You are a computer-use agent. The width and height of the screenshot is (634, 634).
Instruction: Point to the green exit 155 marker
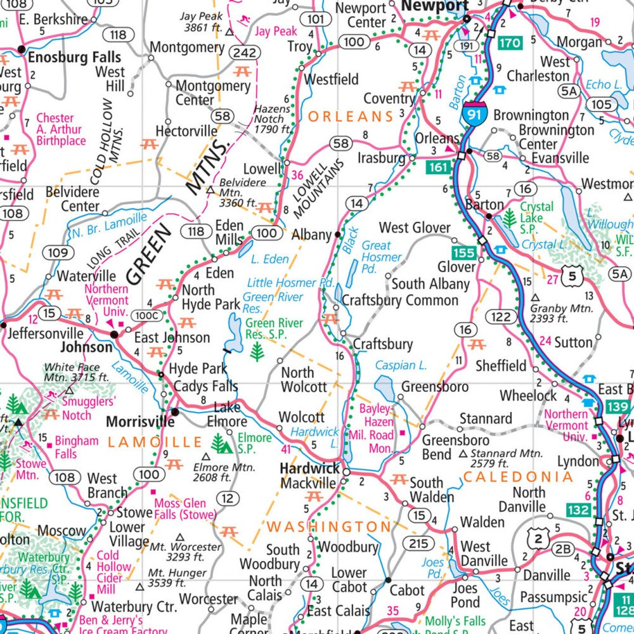(465, 253)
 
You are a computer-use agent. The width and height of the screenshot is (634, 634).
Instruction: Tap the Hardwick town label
(310, 469)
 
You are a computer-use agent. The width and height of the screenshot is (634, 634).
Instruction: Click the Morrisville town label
(139, 422)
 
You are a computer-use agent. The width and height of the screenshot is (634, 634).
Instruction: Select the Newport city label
(434, 6)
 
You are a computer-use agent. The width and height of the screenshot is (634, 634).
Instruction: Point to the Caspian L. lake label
(401, 365)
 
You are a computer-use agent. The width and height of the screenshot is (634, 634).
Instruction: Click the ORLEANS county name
(351, 117)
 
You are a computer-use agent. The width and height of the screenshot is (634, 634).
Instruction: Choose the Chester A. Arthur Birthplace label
(60, 129)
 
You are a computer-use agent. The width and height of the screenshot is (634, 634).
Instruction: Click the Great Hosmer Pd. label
(382, 251)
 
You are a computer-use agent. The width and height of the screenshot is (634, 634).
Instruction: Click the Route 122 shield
(500, 317)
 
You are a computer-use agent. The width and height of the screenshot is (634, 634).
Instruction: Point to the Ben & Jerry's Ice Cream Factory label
(111, 625)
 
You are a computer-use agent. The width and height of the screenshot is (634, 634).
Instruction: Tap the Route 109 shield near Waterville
(57, 253)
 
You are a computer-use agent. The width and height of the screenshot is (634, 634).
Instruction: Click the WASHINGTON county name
(329, 526)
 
